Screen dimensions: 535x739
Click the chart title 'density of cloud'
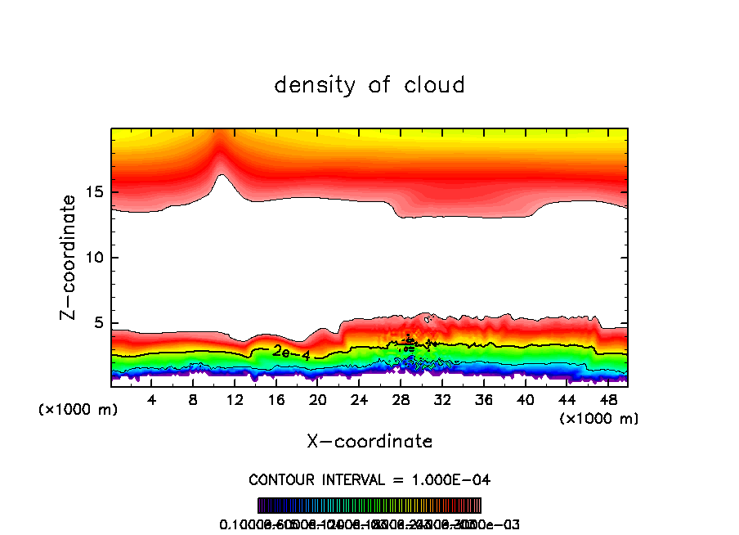point(369,84)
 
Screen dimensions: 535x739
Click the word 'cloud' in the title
point(433,84)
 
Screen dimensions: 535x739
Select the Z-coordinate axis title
point(69,256)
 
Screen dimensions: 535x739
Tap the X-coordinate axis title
point(369,441)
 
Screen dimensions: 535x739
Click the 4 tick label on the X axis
point(152,400)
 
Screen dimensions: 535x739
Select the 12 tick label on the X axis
point(235,400)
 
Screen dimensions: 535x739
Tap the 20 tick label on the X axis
point(318,400)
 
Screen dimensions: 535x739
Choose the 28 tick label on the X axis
point(401,400)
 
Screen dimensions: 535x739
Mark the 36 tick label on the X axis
point(483,400)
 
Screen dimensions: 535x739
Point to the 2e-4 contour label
point(291,353)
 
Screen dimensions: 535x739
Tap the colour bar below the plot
point(369,506)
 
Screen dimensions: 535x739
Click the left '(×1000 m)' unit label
point(78,409)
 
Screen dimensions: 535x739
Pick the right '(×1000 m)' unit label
point(599,418)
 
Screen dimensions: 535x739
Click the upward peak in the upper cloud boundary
point(222,175)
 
